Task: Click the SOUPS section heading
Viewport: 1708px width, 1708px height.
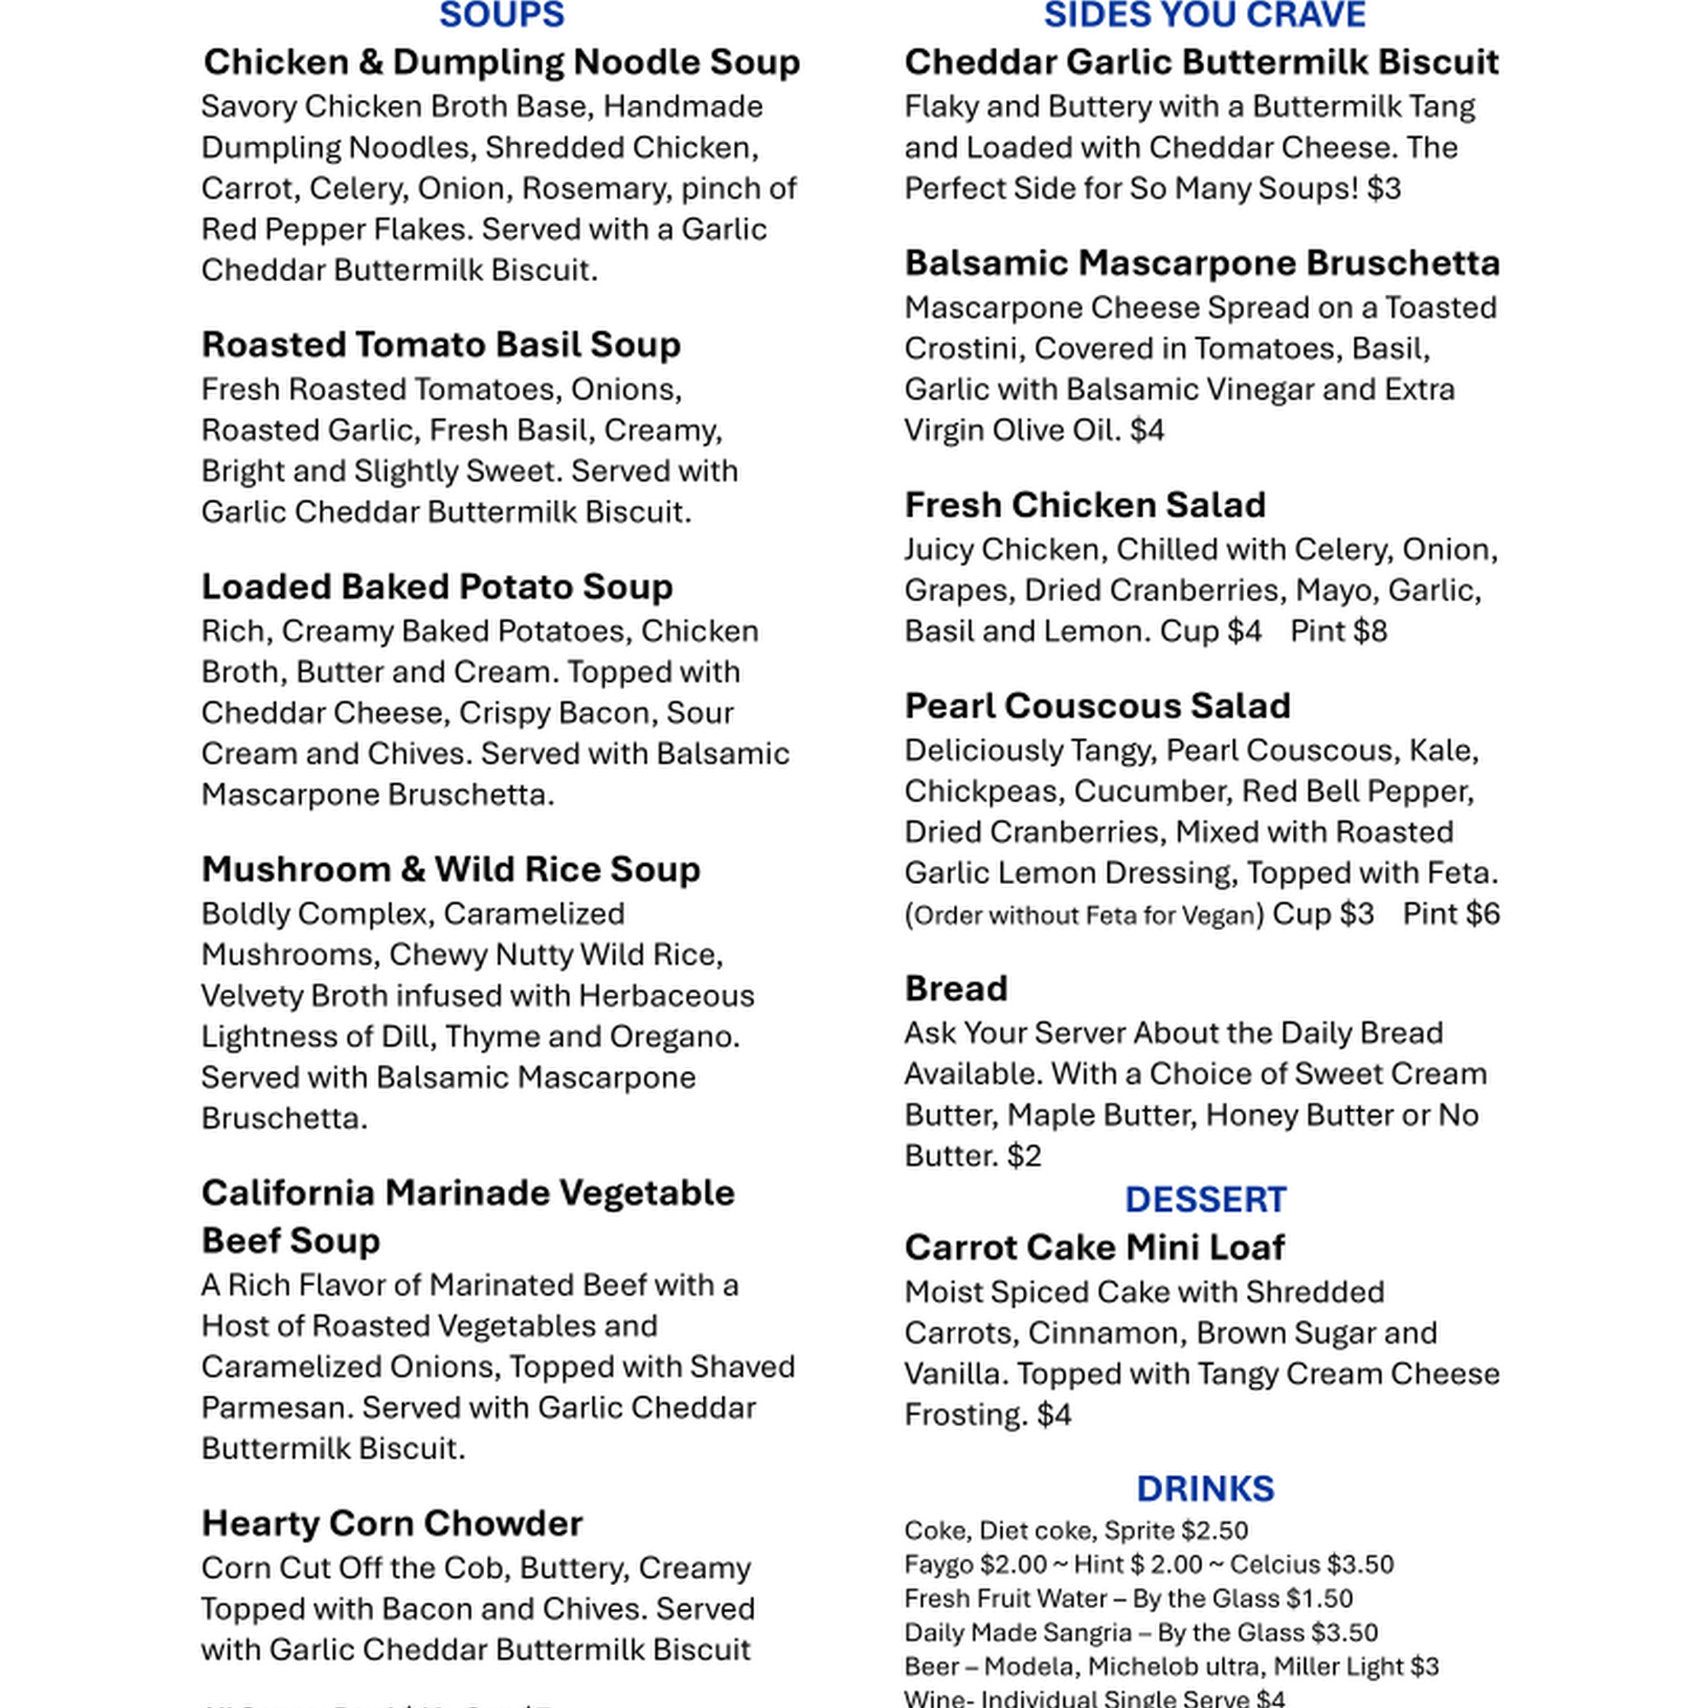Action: (x=501, y=16)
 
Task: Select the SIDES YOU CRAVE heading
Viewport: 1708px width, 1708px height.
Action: (x=1204, y=16)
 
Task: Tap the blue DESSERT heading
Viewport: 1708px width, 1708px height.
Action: (x=1205, y=1200)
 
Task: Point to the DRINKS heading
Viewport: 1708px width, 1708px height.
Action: (x=1205, y=1489)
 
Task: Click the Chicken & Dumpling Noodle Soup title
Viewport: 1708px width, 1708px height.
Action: (x=501, y=61)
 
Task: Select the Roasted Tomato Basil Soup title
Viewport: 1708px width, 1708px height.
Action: (x=441, y=345)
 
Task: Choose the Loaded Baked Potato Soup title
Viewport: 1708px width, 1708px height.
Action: (x=436, y=587)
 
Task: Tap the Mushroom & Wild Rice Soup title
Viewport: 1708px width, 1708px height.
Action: (x=451, y=870)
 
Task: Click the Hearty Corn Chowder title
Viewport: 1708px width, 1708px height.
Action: (x=392, y=1524)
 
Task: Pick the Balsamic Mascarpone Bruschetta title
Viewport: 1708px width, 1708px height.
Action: (x=1202, y=263)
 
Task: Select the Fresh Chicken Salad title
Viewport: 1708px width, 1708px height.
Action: (x=1085, y=506)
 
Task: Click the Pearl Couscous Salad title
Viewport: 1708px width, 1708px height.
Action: (x=1097, y=706)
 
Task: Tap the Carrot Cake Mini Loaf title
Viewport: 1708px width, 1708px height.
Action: (x=1095, y=1249)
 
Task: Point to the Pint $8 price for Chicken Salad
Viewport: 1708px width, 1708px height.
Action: (x=1338, y=632)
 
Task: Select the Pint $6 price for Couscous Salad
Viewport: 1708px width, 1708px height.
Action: (x=1451, y=914)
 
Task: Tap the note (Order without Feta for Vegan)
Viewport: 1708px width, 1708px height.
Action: (x=1084, y=915)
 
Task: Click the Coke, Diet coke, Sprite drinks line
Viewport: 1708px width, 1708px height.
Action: (x=1076, y=1530)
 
